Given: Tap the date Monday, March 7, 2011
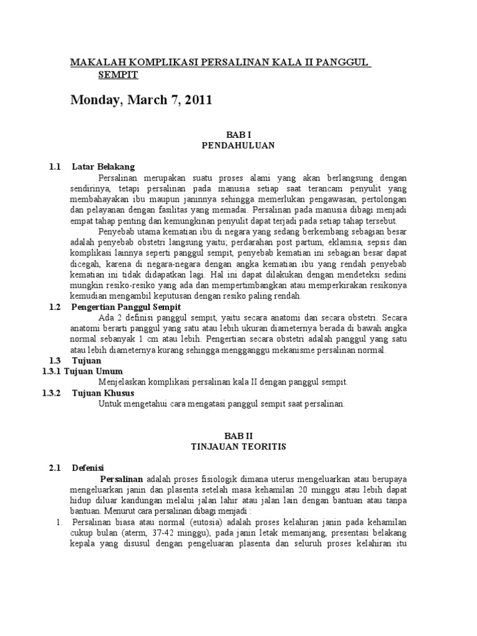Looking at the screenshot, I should point(141,100).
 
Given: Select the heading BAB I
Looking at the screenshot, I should point(239,134).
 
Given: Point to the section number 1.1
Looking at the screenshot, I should point(55,167).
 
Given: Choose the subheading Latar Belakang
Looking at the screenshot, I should point(103,167).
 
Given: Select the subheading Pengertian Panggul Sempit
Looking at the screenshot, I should point(126,307).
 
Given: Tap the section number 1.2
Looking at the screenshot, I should point(55,307).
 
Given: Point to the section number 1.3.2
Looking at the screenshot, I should point(52,393).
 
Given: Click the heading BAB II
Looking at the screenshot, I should point(239,437).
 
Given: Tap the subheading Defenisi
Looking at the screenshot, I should point(88,468).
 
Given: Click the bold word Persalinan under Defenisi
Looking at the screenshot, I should point(122,479).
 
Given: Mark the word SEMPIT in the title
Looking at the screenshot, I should point(117,75).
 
